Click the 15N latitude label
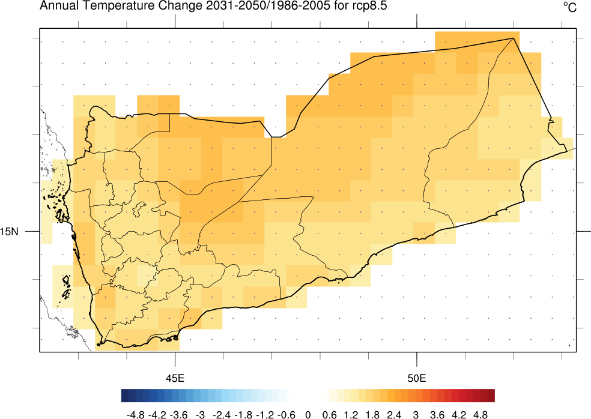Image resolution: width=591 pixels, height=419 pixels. click(11, 231)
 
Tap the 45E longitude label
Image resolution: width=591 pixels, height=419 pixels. click(175, 379)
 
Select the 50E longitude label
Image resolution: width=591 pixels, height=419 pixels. click(417, 379)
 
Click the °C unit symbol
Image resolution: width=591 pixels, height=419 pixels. click(569, 7)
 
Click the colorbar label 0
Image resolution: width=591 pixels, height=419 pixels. click(308, 414)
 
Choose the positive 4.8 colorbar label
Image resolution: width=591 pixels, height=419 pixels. click(480, 414)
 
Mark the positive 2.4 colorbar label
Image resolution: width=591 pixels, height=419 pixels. click(394, 414)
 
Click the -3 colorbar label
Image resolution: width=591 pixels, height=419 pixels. click(201, 414)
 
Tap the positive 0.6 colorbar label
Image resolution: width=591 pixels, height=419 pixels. click(329, 414)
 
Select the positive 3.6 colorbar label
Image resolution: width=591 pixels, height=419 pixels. click(437, 414)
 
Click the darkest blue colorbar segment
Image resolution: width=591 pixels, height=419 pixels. click(124, 396)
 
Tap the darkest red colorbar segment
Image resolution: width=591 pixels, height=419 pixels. click(491, 396)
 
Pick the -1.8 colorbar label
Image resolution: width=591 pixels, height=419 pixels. click(243, 414)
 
